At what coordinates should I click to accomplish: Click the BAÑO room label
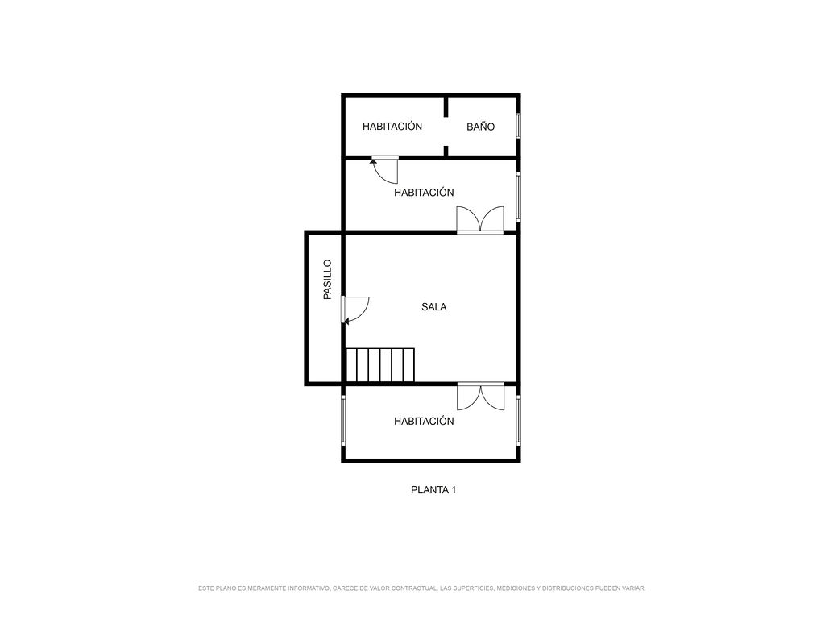coord(480,127)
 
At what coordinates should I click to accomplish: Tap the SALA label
coord(434,307)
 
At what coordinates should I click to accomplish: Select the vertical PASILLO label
coord(327,280)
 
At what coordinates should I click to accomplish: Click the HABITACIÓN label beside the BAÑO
coord(392,127)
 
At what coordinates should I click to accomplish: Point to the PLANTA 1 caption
coord(433,490)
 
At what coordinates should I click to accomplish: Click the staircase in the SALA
coord(380,365)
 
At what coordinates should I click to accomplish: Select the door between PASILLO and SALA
coord(355,309)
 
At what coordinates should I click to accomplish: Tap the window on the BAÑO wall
coord(518,126)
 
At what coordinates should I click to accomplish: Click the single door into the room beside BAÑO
coord(384,169)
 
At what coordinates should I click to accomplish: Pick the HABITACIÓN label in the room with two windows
coord(424,421)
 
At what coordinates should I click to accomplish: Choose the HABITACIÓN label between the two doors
coord(424,193)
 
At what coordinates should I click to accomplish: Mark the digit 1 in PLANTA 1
coord(454,490)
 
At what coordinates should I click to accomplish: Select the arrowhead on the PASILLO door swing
coord(346,320)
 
